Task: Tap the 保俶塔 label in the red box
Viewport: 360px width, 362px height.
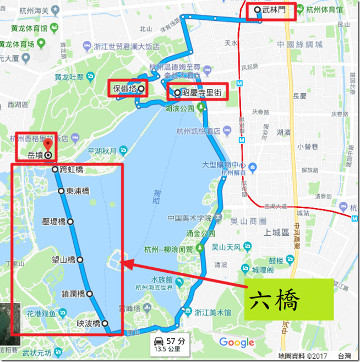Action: (x=125, y=89)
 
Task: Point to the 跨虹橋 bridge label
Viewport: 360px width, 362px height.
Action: (x=71, y=170)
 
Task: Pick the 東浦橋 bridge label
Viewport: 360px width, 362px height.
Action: (x=78, y=191)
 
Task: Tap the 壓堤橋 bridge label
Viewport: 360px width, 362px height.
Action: (x=54, y=222)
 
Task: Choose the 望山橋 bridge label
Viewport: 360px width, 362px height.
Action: (x=64, y=259)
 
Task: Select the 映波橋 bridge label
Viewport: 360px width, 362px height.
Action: (x=89, y=323)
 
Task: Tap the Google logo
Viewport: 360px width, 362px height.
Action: (x=237, y=343)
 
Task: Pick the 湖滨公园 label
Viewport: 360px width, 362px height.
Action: (x=179, y=109)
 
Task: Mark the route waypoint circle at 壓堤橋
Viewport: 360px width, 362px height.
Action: (x=70, y=222)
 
